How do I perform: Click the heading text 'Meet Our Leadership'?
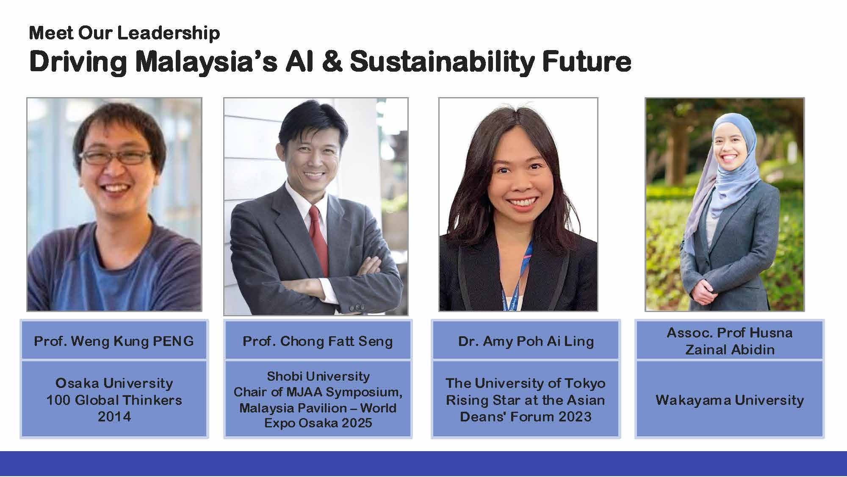[x=125, y=33]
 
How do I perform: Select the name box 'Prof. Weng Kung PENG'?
[x=114, y=341]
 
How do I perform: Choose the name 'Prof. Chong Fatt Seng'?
[x=318, y=341]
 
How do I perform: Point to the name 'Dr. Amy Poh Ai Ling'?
[x=526, y=341]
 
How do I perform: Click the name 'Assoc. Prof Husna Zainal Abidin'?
[x=730, y=341]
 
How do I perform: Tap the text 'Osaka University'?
[x=114, y=383]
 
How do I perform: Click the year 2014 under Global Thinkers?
[x=114, y=416]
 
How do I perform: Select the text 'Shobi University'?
[x=318, y=376]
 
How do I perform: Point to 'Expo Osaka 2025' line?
[x=318, y=423]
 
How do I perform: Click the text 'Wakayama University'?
[x=730, y=400]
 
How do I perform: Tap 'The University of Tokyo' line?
[x=526, y=383]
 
